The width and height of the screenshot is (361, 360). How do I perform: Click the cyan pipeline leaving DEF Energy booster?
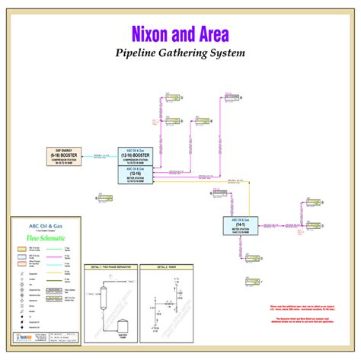click(x=99, y=158)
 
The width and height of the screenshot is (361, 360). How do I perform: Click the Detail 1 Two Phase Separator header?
click(x=111, y=268)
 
